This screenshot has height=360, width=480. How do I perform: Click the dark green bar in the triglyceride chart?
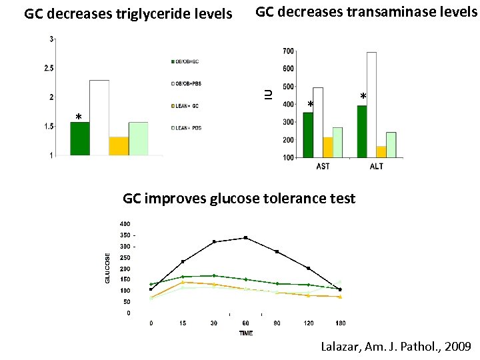pos(80,139)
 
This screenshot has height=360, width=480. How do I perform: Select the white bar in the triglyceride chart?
pos(99,118)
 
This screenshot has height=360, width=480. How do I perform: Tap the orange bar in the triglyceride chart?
pos(119,146)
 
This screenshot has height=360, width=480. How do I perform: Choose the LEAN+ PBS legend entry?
pos(187,127)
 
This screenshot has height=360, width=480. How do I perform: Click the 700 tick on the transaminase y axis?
pos(288,51)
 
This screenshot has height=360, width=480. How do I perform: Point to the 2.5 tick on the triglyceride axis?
pos(49,68)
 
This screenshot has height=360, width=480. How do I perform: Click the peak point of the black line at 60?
pos(246,237)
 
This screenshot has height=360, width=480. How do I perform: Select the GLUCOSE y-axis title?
pos(108,267)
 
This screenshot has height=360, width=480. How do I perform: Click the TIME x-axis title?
pos(246,333)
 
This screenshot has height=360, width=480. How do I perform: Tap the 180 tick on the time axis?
pos(340,323)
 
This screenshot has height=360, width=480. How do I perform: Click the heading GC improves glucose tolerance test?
pos(239,199)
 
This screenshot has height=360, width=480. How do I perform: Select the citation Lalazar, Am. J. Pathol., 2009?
pos(396,347)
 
